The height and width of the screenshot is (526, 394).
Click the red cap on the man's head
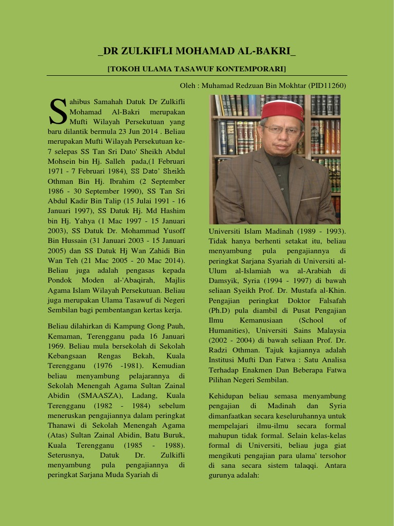coord(283,109)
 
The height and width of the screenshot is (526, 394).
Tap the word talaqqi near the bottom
coord(306,465)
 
